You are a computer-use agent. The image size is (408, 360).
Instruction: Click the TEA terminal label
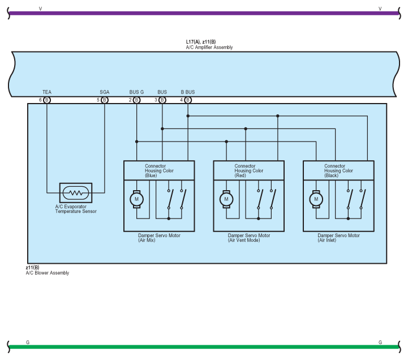click(47, 92)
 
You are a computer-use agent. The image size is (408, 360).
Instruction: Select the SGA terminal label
click(105, 92)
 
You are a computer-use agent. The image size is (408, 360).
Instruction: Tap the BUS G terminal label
click(136, 92)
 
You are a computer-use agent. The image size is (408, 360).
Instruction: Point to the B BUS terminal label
click(188, 92)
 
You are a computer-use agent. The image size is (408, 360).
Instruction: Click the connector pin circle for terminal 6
click(48, 100)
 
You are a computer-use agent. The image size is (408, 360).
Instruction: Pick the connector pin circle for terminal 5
click(105, 100)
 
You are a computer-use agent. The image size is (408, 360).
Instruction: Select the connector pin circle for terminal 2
click(136, 100)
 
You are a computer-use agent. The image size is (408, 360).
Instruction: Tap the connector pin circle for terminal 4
click(188, 100)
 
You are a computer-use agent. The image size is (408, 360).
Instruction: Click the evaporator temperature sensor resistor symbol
click(75, 193)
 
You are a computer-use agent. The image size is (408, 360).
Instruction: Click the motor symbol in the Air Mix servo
click(136, 199)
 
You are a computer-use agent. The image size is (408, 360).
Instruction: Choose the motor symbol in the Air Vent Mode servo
click(226, 199)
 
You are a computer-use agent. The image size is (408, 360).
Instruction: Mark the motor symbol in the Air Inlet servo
click(316, 199)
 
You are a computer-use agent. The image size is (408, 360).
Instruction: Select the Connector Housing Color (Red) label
click(249, 171)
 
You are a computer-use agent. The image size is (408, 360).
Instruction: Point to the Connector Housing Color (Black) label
click(338, 171)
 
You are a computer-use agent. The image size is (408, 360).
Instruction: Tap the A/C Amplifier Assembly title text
click(209, 48)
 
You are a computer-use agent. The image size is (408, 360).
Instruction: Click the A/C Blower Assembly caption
click(48, 273)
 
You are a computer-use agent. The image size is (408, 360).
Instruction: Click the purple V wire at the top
click(204, 12)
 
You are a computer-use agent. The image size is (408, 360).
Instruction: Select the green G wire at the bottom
click(204, 346)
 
